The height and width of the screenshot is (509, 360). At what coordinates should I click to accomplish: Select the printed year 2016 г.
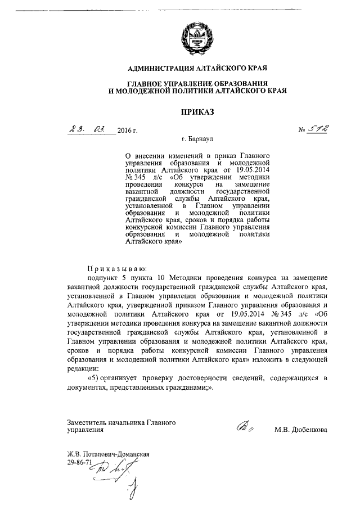point(128,131)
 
